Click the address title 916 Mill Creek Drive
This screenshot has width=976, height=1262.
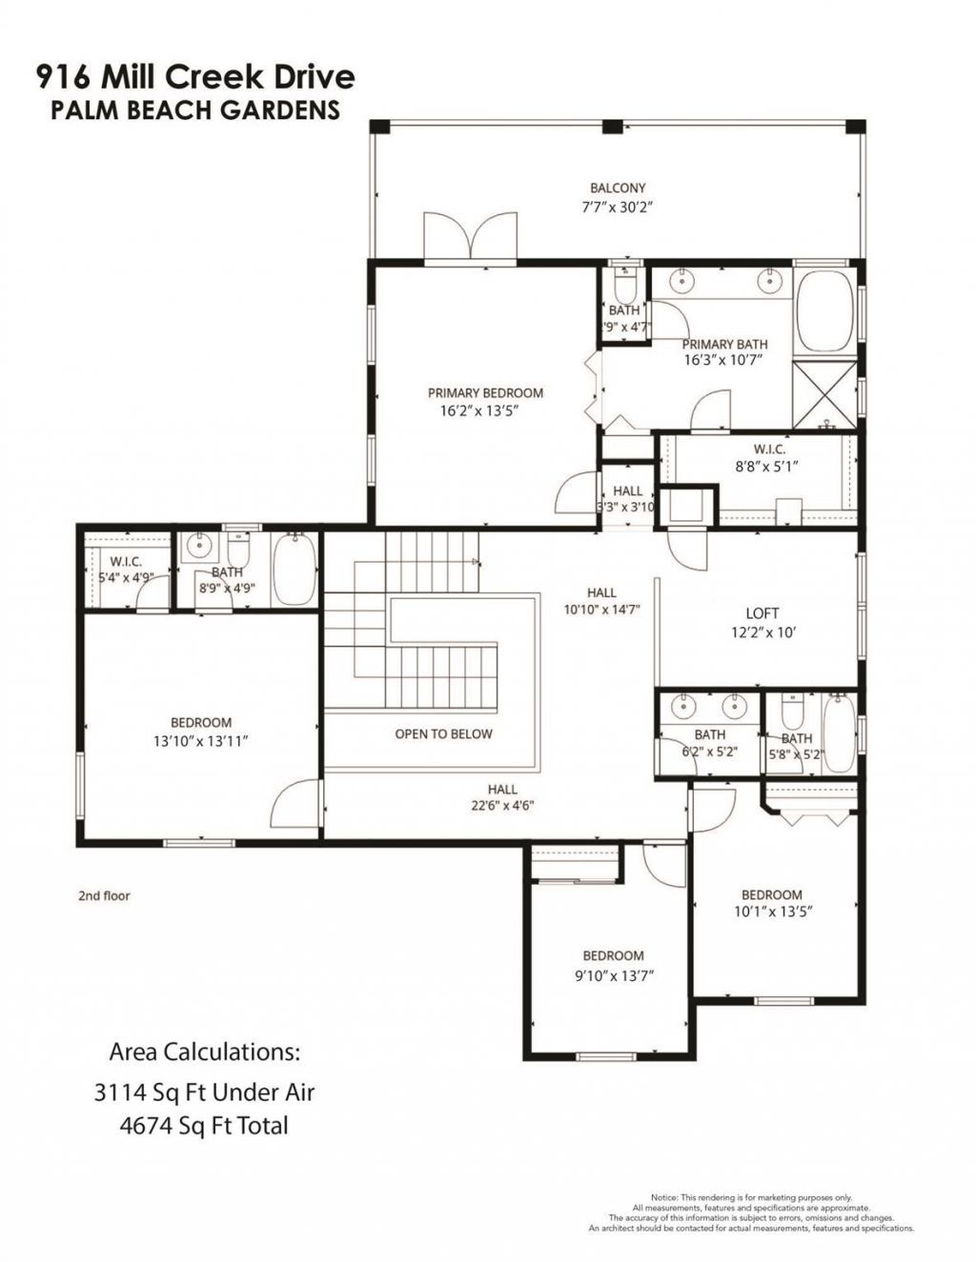pyautogui.click(x=195, y=76)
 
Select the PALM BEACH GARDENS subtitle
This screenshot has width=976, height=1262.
pyautogui.click(x=195, y=110)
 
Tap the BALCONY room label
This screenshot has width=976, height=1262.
pyautogui.click(x=618, y=189)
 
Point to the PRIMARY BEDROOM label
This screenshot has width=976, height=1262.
pyautogui.click(x=485, y=392)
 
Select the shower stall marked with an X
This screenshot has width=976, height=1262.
pyautogui.click(x=825, y=392)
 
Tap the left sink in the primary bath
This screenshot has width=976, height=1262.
pyautogui.click(x=683, y=280)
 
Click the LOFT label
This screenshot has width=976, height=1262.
pyautogui.click(x=762, y=613)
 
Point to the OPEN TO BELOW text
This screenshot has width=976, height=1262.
pyautogui.click(x=444, y=733)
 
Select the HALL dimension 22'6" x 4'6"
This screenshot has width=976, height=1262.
pyautogui.click(x=502, y=805)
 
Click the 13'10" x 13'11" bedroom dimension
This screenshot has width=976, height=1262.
pyautogui.click(x=201, y=739)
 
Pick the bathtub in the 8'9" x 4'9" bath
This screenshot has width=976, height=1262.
pyautogui.click(x=295, y=570)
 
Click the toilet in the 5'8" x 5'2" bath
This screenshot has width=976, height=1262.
pyautogui.click(x=793, y=711)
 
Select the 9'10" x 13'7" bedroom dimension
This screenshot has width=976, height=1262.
pyautogui.click(x=613, y=974)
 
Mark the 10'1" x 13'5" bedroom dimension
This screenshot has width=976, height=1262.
pyautogui.click(x=771, y=911)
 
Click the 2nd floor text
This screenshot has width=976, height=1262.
pyautogui.click(x=104, y=895)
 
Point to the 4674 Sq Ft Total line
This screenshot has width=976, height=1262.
pyautogui.click(x=204, y=1126)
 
